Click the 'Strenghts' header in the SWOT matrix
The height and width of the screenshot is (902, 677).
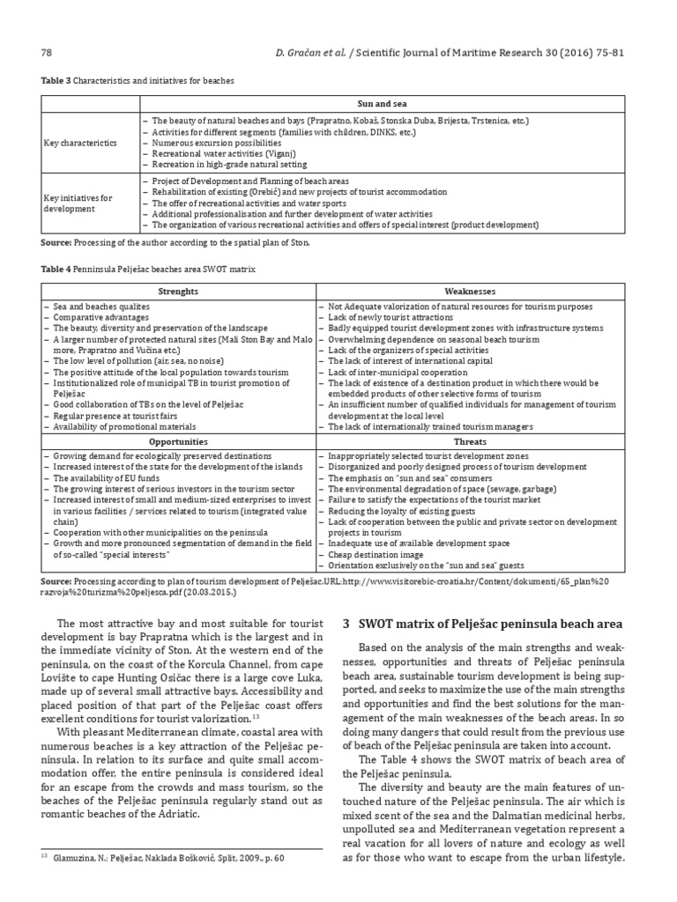177,291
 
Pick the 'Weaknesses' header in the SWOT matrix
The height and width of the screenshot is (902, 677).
474,291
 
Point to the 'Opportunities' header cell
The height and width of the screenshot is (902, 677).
177,441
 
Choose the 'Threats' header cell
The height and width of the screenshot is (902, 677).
474,441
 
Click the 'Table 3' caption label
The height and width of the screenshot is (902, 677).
54,81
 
